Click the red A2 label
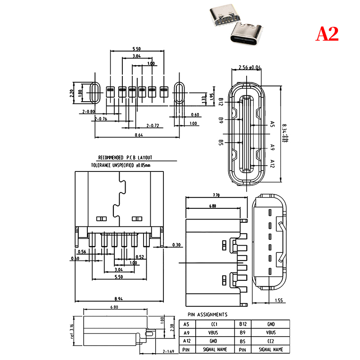pos(327,34)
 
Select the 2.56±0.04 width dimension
pos(249,67)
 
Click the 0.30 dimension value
pos(176,245)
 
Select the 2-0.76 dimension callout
pos(101,119)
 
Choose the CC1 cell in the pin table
pos(214,324)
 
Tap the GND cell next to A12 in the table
pos(214,341)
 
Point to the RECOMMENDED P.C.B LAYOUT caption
pos(125,158)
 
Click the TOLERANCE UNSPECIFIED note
pos(121,165)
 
